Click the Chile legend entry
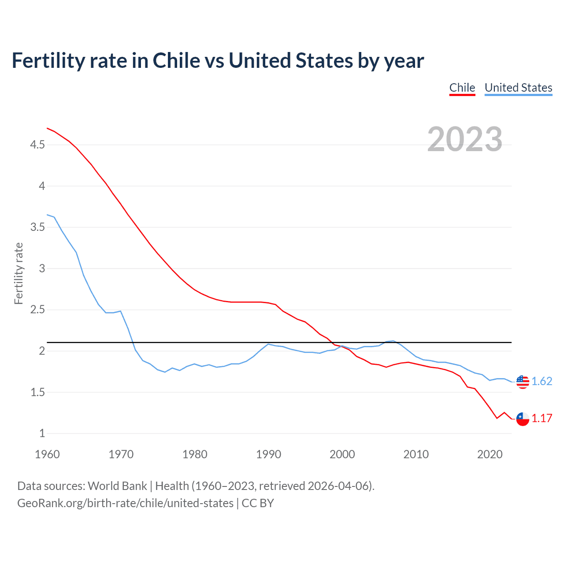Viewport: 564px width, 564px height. point(462,88)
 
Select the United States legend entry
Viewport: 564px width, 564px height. point(518,88)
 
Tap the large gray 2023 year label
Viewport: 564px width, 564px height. point(465,139)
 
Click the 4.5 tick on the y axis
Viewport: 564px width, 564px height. point(37,145)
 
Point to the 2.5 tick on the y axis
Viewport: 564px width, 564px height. point(37,310)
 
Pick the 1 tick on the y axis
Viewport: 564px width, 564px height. point(42,434)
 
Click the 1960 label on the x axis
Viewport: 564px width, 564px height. point(47,454)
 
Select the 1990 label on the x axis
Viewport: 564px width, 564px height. point(268,454)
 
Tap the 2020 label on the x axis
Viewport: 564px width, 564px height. point(490,454)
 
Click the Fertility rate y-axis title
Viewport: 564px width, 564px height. point(19,273)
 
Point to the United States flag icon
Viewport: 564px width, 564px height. point(523,382)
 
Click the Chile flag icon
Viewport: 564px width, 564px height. point(523,419)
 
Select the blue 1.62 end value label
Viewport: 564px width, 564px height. point(542,382)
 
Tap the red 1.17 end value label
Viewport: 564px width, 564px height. point(542,419)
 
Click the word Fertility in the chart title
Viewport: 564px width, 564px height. point(48,61)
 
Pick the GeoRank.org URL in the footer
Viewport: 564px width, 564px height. point(125,503)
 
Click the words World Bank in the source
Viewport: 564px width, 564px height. point(117,486)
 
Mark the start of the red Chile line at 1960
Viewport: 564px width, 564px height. point(48,128)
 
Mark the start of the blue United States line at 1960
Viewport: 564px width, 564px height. point(48,215)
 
